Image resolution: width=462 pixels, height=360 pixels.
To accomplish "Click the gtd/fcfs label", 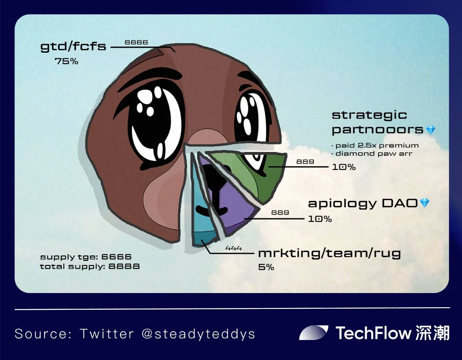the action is (x=73, y=47).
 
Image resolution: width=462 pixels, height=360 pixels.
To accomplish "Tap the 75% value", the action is (x=66, y=61).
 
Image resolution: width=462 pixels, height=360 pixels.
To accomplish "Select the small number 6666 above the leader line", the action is (x=136, y=42).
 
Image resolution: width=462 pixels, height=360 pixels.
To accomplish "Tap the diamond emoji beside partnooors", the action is (x=431, y=130).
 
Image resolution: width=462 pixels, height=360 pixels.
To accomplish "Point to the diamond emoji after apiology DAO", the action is (x=425, y=203).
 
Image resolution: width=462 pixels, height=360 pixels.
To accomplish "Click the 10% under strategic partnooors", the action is (x=344, y=167).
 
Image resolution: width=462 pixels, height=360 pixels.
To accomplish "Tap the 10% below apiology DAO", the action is (x=320, y=219).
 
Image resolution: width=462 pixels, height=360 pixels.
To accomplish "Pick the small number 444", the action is (x=233, y=248).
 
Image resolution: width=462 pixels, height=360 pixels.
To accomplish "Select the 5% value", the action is (x=266, y=267).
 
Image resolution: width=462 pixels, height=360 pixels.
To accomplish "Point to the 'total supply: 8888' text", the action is (x=90, y=267).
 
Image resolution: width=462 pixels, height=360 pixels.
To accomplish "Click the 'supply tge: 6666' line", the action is (x=86, y=257).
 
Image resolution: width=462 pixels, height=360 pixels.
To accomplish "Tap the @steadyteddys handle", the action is (x=198, y=334).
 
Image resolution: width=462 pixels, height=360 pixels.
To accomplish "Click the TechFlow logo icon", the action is (x=314, y=333).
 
